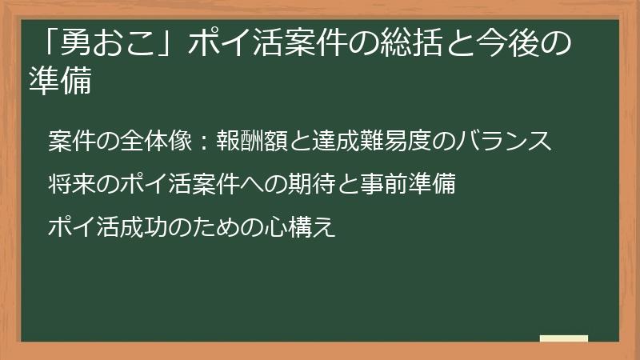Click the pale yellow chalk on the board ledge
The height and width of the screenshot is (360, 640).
[563, 338]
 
